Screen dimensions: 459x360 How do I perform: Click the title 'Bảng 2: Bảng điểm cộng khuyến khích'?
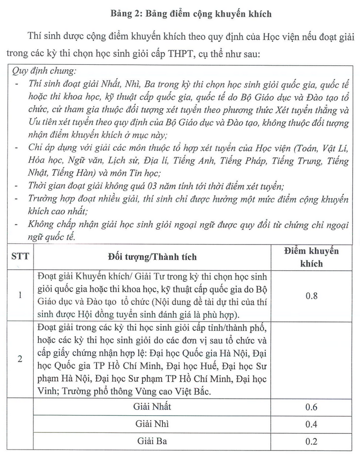[x=191, y=14]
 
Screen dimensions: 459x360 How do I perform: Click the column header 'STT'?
[x=20, y=257]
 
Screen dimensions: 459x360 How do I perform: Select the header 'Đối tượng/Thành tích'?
[x=152, y=257]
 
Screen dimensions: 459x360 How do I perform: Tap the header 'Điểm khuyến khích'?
[x=311, y=257]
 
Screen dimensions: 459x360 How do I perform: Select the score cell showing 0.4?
[x=311, y=424]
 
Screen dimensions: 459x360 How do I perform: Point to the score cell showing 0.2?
[x=311, y=441]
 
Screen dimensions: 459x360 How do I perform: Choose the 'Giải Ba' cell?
[x=152, y=441]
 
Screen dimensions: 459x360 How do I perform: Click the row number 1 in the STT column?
[x=20, y=295]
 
